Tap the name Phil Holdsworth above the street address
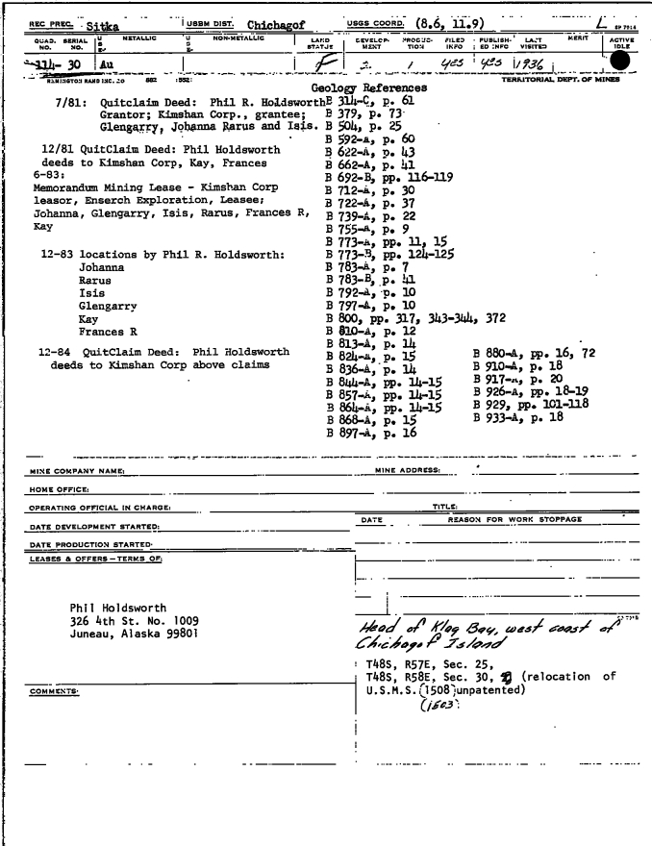pyautogui.click(x=120, y=607)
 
